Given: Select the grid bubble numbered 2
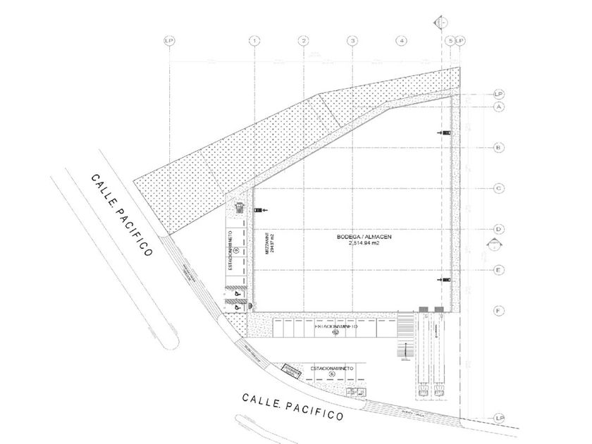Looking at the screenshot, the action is pos(302,41).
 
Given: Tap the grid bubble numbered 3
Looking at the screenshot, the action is pos(352,41).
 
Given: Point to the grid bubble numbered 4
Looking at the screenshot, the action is pos(401,41).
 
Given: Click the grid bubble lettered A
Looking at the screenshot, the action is pos(498,106).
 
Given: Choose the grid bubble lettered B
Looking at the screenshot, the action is pos(498,147).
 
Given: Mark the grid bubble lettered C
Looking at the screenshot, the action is pos(498,188).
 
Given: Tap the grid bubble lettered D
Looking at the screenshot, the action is pos(498,229).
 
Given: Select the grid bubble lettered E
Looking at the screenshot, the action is pos(498,270).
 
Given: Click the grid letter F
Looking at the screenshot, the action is pos(498,311).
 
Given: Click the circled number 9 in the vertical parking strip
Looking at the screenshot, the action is pos(237,249).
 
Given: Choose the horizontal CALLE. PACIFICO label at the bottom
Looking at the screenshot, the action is pos(292,407).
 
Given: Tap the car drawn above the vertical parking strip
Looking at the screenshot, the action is pos(240,208).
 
